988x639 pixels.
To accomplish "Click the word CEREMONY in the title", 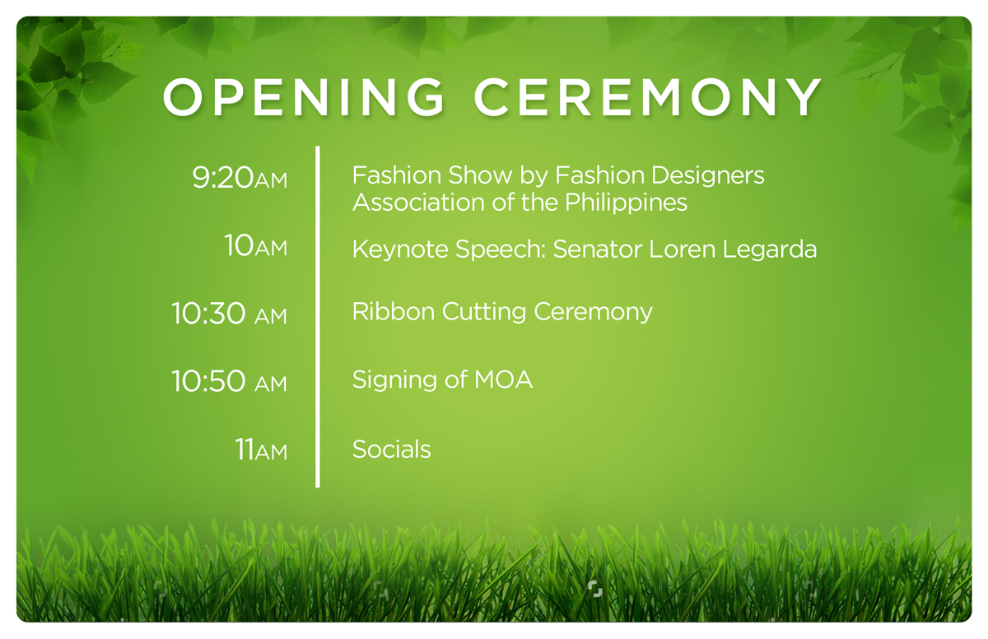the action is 647,97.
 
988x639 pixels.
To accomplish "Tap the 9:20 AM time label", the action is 240,178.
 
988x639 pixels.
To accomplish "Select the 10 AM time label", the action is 256,245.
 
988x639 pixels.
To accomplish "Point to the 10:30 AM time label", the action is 230,314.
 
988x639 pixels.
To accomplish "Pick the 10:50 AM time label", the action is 230,381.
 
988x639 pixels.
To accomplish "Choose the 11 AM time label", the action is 261,450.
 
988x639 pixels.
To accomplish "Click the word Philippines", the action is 626,203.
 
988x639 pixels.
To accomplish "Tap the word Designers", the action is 707,176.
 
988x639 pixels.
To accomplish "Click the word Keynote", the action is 400,250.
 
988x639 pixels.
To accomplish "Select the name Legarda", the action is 769,250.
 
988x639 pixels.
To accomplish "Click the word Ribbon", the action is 394,312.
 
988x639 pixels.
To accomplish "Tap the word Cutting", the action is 484,313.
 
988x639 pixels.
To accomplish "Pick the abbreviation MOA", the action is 503,380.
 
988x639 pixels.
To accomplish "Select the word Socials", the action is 392,450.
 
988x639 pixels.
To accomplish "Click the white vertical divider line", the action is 318,317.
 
